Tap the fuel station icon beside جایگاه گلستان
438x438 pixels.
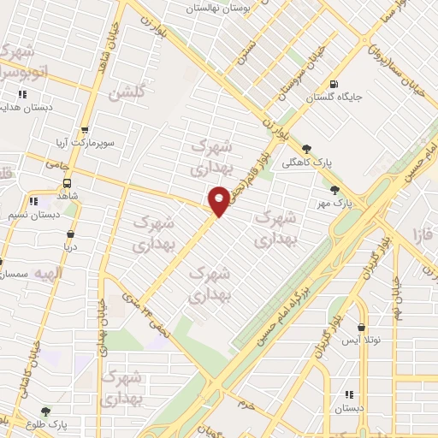tap(332, 84)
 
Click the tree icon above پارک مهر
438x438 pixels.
tap(334, 190)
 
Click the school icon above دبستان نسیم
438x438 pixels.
tap(33, 201)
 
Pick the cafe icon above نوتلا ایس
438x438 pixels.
tap(362, 328)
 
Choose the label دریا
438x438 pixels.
tap(68, 246)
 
